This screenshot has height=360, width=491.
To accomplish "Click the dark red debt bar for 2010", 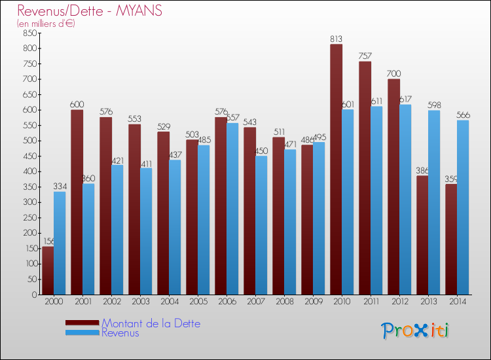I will [x=336, y=170].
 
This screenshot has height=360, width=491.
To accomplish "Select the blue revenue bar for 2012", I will [x=405, y=200].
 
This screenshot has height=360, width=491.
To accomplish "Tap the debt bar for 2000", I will [x=48, y=270].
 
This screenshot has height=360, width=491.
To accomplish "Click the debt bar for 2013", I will [x=422, y=235].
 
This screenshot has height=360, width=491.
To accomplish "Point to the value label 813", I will [x=336, y=39].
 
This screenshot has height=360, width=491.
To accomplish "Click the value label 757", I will [x=365, y=56].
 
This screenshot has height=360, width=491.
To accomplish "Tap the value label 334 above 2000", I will [x=60, y=187].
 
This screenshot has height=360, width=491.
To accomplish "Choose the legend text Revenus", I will [x=120, y=333].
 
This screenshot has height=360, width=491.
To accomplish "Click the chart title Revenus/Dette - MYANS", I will [x=90, y=11].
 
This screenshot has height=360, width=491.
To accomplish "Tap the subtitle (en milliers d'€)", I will [x=46, y=24].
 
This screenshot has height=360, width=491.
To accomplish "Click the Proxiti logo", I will [x=415, y=331].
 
